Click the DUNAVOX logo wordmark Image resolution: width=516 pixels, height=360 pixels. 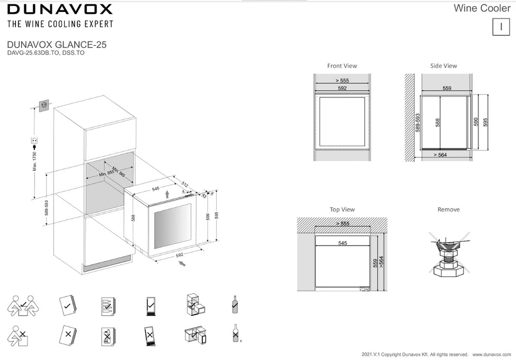click(60, 9)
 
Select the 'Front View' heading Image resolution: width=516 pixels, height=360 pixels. click(342, 66)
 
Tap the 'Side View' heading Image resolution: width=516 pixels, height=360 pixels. click(443, 66)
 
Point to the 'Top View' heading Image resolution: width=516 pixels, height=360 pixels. click(342, 210)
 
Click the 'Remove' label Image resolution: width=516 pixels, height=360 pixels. click(448, 210)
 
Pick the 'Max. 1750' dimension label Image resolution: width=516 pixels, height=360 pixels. click(35, 160)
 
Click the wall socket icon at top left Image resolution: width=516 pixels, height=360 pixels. click(44, 106)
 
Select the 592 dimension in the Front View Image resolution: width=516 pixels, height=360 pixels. click(342, 89)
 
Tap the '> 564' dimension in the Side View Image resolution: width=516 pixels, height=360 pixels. click(440, 155)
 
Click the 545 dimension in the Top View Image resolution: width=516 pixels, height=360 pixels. click(342, 243)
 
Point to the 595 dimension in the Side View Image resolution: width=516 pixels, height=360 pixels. click(486, 122)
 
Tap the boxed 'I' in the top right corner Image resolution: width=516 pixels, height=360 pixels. click(501, 26)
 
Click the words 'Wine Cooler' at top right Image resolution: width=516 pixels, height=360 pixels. click(481, 8)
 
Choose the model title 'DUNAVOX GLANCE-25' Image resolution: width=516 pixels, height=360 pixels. click(57, 45)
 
